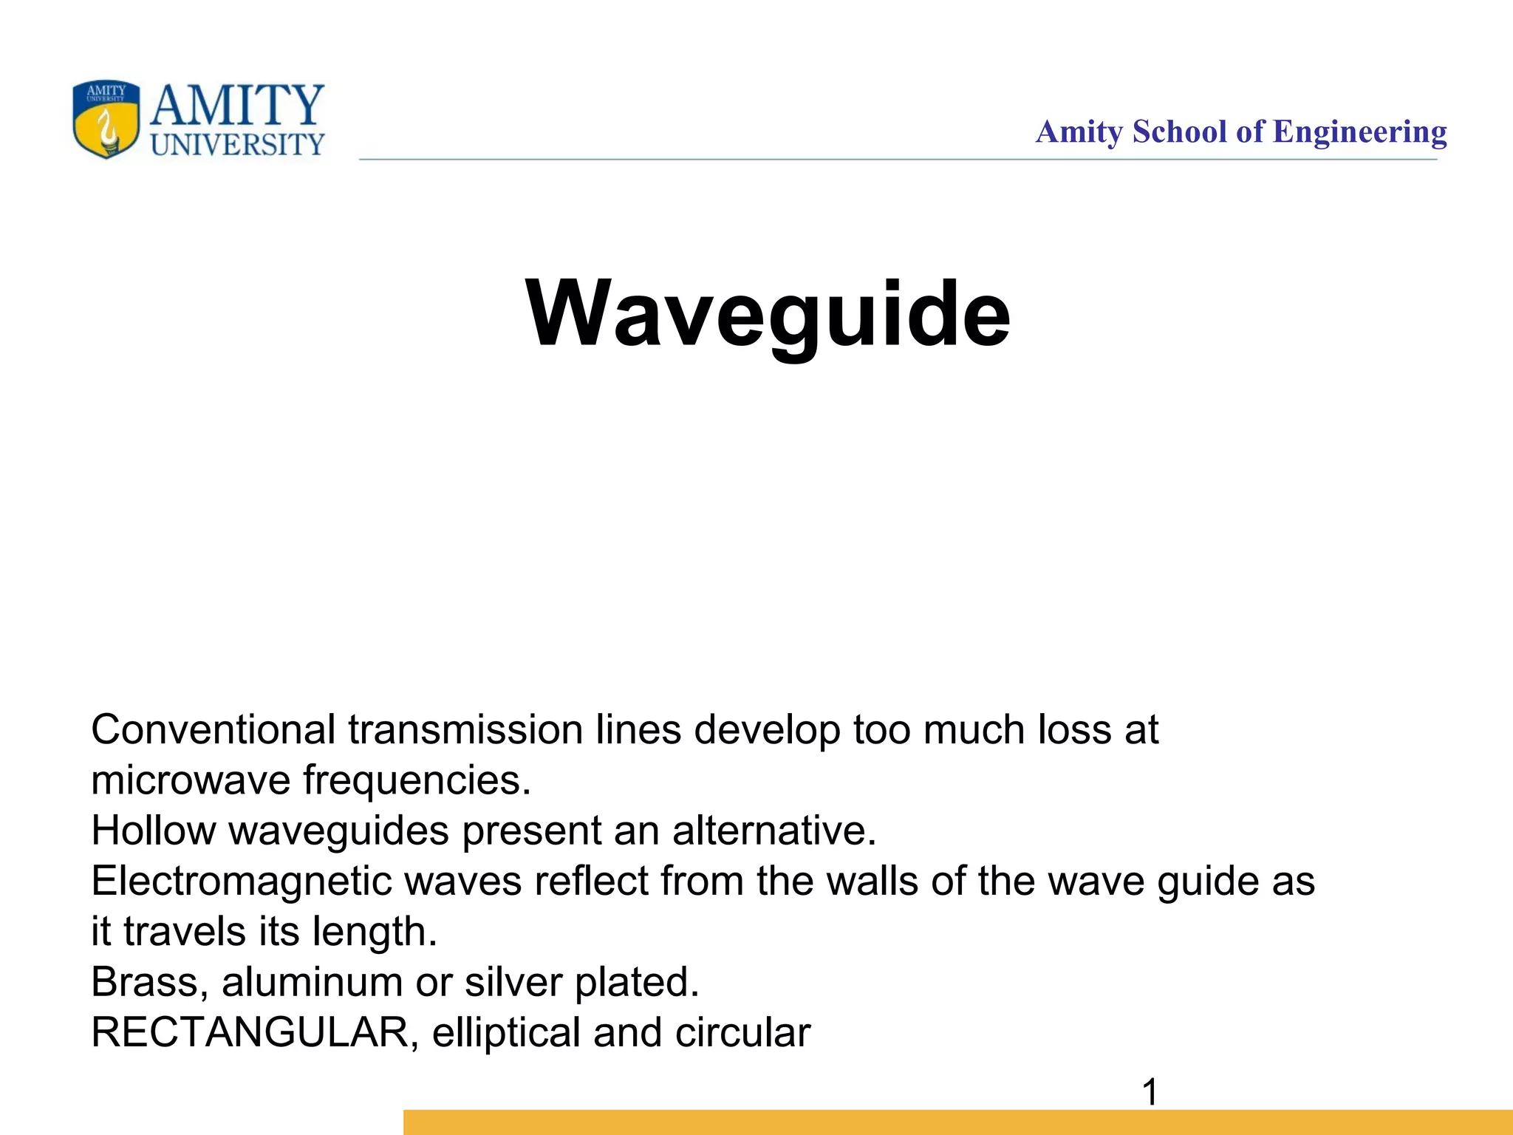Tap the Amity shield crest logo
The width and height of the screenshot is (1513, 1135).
[106, 119]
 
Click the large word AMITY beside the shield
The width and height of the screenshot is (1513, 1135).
[237, 105]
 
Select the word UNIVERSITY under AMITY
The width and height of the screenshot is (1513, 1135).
[237, 144]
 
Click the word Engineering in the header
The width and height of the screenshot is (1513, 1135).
[1359, 132]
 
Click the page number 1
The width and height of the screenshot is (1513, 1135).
[1150, 1092]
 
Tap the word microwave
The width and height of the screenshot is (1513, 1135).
[191, 780]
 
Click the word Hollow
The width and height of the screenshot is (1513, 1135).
[153, 831]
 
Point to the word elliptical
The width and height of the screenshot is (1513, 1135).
[506, 1032]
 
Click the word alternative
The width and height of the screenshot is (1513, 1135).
[773, 831]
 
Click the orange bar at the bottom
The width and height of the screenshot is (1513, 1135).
[957, 1122]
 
